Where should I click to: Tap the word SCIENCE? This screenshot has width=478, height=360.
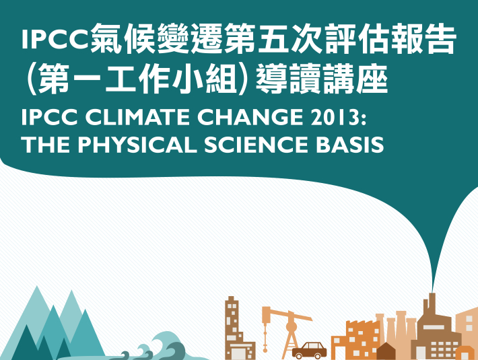[x=256, y=144]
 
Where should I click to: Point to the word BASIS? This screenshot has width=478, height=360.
[x=349, y=144]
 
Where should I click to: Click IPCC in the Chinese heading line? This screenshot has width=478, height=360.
[x=55, y=40]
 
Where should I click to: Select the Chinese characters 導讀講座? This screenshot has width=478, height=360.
[x=322, y=79]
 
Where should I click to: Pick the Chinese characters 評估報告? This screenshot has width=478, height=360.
[x=391, y=38]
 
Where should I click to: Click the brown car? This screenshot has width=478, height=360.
[x=309, y=351]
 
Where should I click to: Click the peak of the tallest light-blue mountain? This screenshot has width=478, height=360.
[x=37, y=286]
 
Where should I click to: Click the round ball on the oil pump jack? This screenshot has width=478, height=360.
[x=291, y=327]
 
